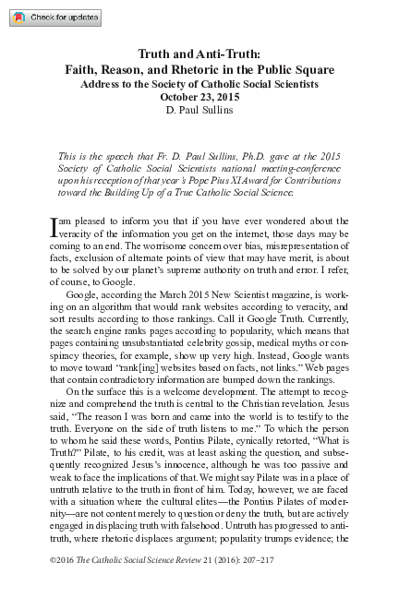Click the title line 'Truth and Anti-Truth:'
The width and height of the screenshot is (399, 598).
point(199,54)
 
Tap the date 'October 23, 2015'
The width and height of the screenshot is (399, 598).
point(199,96)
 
